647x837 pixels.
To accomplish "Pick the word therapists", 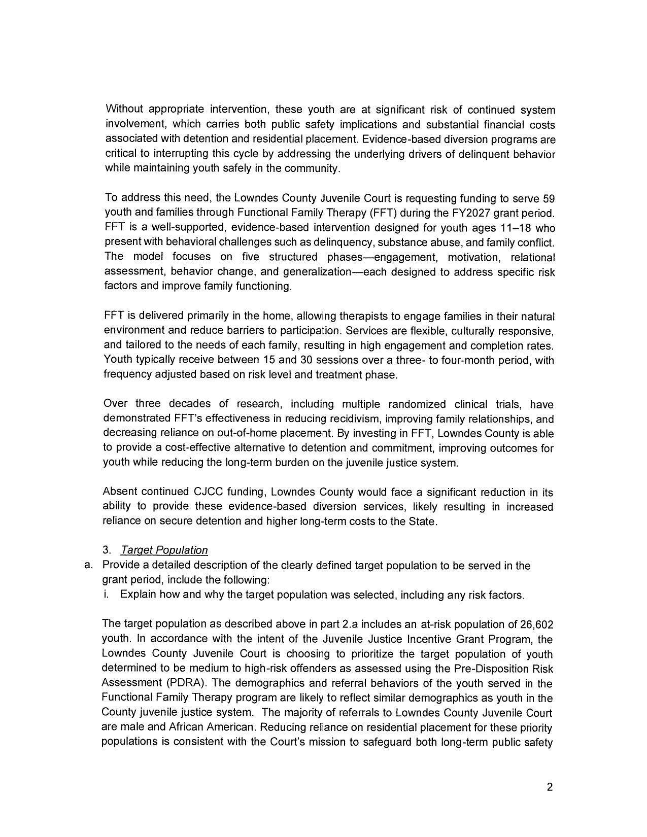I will (x=362, y=317).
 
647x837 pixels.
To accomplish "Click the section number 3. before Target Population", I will (x=107, y=550).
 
